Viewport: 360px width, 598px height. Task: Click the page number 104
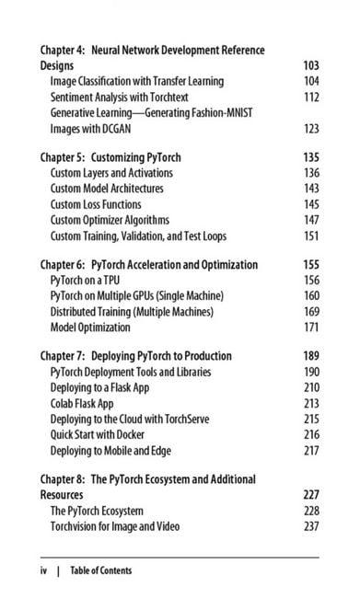tap(310, 81)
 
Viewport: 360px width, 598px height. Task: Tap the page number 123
tap(310, 128)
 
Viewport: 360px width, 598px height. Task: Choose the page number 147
tap(310, 219)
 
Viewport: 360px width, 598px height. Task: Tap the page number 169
tap(310, 310)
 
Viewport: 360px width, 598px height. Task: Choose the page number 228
tap(310, 510)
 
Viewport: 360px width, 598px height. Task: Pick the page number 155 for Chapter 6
tap(310, 265)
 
